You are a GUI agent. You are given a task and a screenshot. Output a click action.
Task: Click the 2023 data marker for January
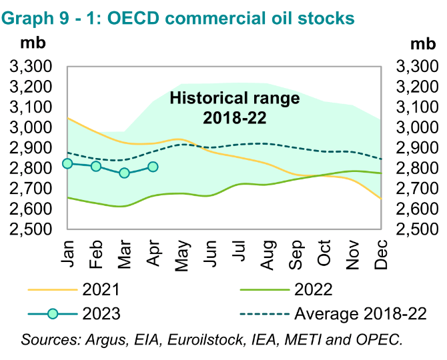(67, 163)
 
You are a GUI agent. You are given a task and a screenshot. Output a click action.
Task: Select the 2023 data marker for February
(96, 166)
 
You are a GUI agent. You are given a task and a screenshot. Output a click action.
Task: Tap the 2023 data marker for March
(124, 173)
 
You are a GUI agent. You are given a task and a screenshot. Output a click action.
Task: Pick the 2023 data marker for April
(153, 166)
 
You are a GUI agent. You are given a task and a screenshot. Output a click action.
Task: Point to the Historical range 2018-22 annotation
(235, 108)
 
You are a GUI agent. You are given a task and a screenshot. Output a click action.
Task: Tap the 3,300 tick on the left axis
(30, 67)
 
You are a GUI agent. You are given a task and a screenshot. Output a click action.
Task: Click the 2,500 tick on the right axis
(419, 230)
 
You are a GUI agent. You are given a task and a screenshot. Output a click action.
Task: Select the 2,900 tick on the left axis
(30, 148)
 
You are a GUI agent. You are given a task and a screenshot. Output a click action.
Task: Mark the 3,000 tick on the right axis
(419, 128)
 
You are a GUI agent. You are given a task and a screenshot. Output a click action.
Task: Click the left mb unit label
(31, 44)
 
